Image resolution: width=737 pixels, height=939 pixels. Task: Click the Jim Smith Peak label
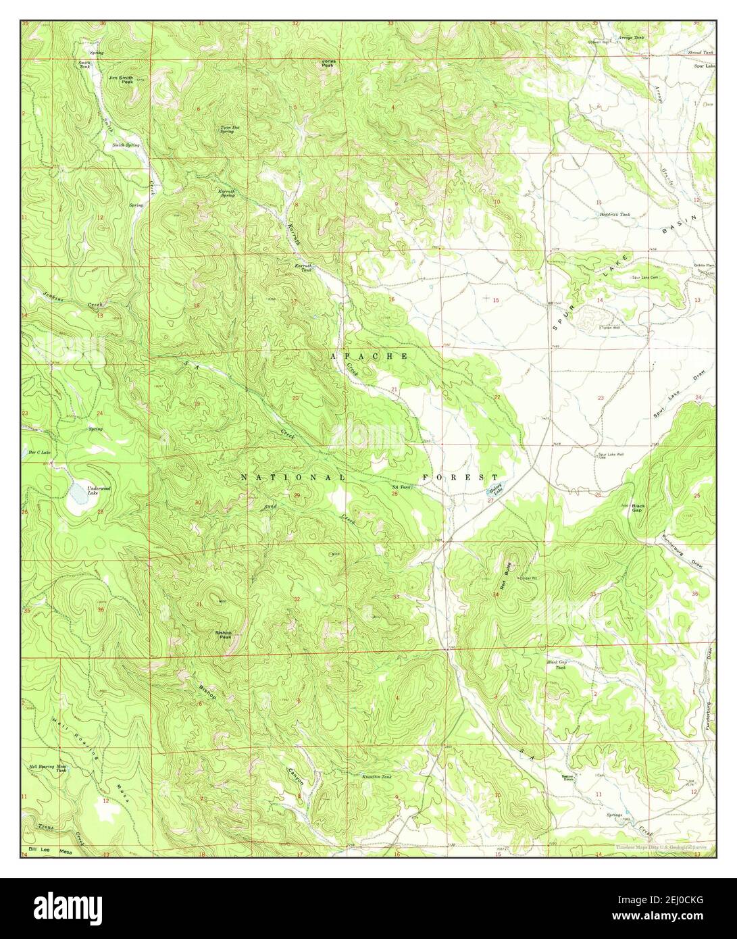pyautogui.click(x=121, y=79)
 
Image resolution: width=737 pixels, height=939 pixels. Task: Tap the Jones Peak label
pyautogui.click(x=328, y=63)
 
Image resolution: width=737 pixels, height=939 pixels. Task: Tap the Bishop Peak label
pyautogui.click(x=224, y=634)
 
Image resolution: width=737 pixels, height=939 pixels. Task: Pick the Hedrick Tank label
pyautogui.click(x=615, y=214)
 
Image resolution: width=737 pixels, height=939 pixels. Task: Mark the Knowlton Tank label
pyautogui.click(x=377, y=777)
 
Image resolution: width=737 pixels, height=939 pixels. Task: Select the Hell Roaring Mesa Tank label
pyautogui.click(x=47, y=769)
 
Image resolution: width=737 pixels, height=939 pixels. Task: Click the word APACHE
pyautogui.click(x=369, y=356)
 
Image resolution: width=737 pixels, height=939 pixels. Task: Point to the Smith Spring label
pyautogui.click(x=126, y=145)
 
